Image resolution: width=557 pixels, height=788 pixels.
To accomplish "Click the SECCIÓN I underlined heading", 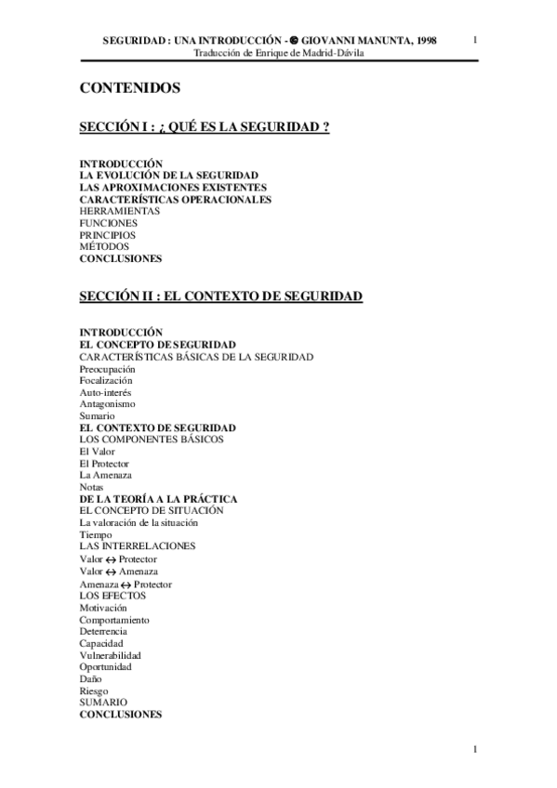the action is pos(205,127).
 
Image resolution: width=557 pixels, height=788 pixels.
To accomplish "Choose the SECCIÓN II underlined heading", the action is pos(220,296).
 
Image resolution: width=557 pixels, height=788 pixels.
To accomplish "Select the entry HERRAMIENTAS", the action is pos(119,211).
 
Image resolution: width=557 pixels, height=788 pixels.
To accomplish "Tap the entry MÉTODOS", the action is pos(104,247).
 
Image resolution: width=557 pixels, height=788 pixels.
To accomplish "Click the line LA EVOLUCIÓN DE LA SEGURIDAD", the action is pos(168,175).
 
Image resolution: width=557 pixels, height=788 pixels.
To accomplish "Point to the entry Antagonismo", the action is pos(107,404).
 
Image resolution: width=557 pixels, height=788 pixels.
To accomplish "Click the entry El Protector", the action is pos(104,464).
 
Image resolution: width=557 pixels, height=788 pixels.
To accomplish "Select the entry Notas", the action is pos(91,487).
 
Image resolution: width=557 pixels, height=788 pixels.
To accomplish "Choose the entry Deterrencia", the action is pos(103,632).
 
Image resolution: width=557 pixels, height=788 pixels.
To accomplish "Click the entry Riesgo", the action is pos(94,691).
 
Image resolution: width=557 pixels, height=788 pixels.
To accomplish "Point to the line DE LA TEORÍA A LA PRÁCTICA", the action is pos(158,499).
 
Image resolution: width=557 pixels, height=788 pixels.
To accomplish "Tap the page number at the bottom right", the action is pos(475,750).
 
